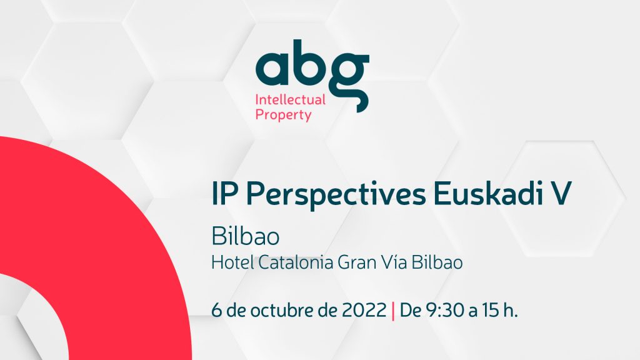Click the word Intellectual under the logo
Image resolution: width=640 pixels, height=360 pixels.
pyautogui.click(x=291, y=99)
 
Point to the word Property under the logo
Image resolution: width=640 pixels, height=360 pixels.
pyautogui.click(x=283, y=115)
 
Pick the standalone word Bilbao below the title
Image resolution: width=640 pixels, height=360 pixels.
pyautogui.click(x=245, y=237)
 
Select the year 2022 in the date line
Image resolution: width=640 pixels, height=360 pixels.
pyautogui.click(x=364, y=311)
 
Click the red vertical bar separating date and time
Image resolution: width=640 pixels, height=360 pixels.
pyautogui.click(x=392, y=311)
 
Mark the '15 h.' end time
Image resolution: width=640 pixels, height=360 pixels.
pyautogui.click(x=499, y=311)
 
